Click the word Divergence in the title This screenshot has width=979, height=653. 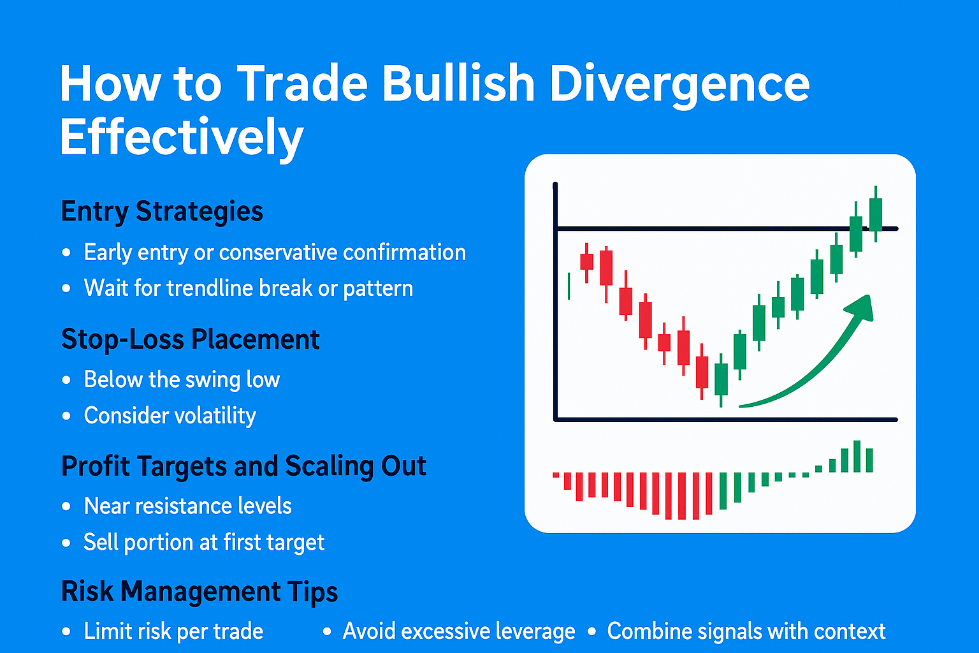(x=679, y=84)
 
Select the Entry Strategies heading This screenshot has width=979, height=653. (x=162, y=211)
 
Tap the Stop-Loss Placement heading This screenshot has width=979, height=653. (x=190, y=339)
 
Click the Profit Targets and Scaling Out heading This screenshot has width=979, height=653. (x=243, y=466)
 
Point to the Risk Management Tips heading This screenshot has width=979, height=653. (x=199, y=591)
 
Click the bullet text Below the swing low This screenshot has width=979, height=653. (x=182, y=379)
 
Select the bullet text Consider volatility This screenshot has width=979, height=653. (x=170, y=415)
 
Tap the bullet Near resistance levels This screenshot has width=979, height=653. (x=187, y=506)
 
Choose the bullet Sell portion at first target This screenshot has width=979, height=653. (x=204, y=542)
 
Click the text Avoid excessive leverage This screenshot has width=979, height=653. (x=458, y=631)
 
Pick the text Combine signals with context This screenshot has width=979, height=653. (x=746, y=631)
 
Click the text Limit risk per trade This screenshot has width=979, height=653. (x=173, y=631)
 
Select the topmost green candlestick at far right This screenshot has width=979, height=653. (x=876, y=214)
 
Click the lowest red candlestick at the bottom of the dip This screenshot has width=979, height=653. (x=702, y=372)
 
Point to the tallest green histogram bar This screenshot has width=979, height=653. (x=857, y=456)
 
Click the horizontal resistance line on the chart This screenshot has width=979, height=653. (x=701, y=228)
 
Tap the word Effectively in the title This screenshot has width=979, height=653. (x=182, y=137)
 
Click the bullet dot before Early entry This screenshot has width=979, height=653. (x=66, y=253)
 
